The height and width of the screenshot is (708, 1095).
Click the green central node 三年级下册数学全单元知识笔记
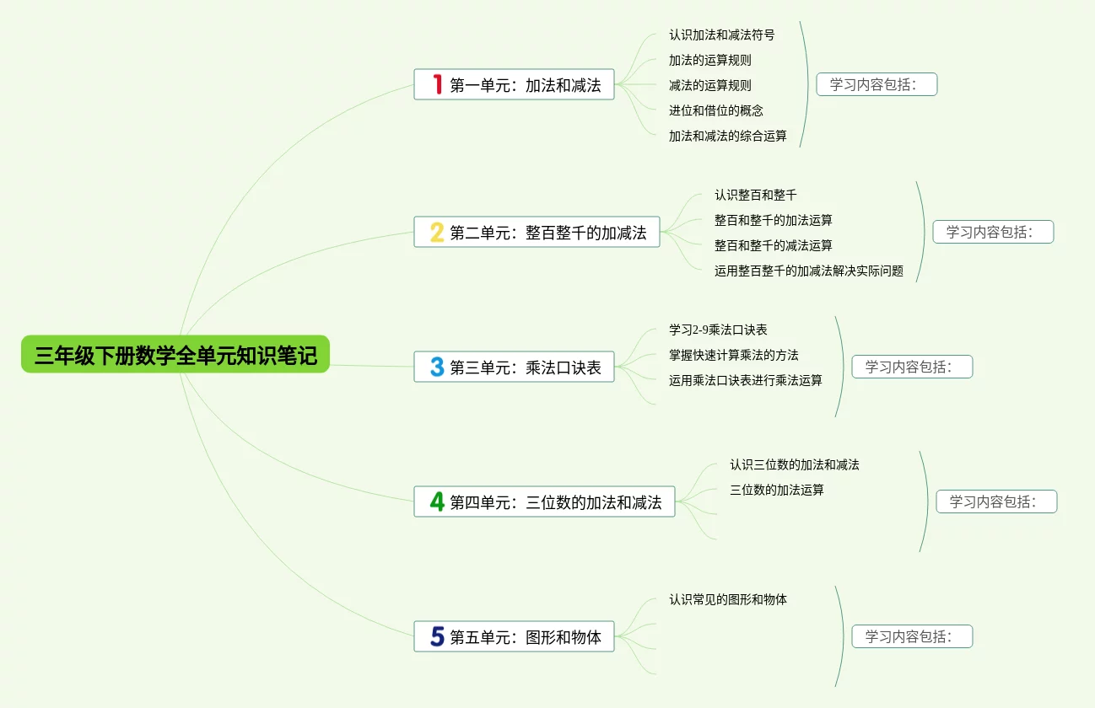tap(175, 355)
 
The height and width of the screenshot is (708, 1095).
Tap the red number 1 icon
tap(437, 84)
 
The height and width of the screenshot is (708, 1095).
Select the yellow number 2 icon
tap(437, 232)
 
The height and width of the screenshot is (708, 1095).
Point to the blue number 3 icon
tap(437, 367)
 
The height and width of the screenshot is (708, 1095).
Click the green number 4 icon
tap(437, 501)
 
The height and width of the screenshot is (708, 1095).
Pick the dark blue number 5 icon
tap(437, 636)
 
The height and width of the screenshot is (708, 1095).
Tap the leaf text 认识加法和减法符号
tap(721, 35)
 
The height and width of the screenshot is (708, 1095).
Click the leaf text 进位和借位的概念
tap(715, 110)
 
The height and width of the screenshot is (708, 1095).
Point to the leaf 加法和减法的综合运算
tap(727, 136)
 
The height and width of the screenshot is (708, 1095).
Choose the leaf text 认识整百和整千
tap(755, 195)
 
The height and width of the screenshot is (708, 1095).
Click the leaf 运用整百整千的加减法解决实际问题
tap(808, 271)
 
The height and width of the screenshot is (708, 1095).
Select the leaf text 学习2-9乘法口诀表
tap(718, 330)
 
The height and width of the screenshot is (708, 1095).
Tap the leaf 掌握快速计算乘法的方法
tap(733, 355)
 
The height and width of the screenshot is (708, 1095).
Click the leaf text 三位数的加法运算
tap(776, 490)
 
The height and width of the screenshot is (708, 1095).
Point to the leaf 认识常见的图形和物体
tap(727, 599)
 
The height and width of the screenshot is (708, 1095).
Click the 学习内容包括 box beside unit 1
tap(877, 84)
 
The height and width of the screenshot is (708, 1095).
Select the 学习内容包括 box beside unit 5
tap(912, 636)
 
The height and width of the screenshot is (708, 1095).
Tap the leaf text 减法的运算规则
tap(709, 85)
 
